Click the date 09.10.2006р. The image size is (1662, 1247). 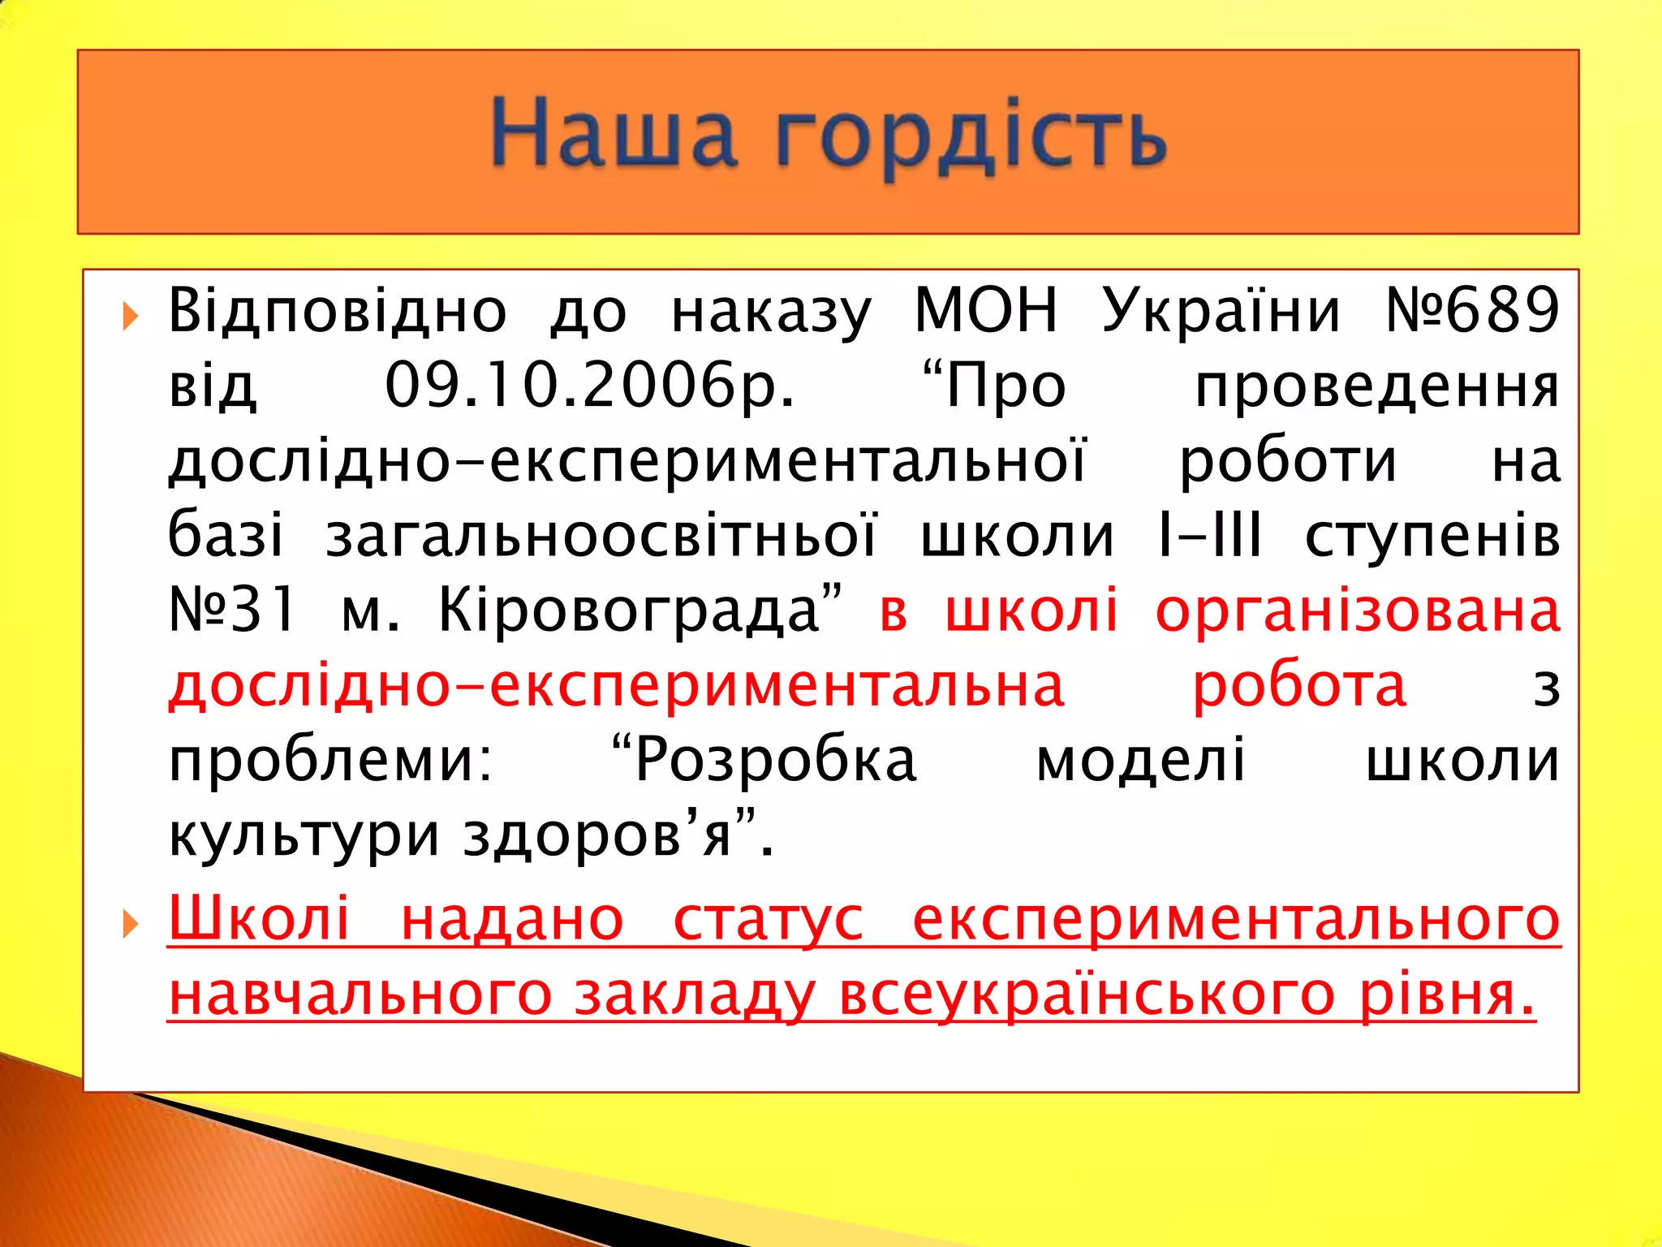point(589,386)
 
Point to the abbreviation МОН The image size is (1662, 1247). point(986,311)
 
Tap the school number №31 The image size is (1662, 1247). point(232,611)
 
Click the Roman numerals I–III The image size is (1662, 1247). point(1209,537)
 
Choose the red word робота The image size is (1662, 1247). point(1298,686)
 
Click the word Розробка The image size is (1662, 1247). point(775,762)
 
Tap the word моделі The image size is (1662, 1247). point(1140,762)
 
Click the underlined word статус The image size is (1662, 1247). point(768,921)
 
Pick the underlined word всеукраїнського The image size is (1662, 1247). point(1087,995)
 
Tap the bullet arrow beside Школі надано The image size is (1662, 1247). point(130,924)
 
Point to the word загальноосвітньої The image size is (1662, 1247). point(601,537)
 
